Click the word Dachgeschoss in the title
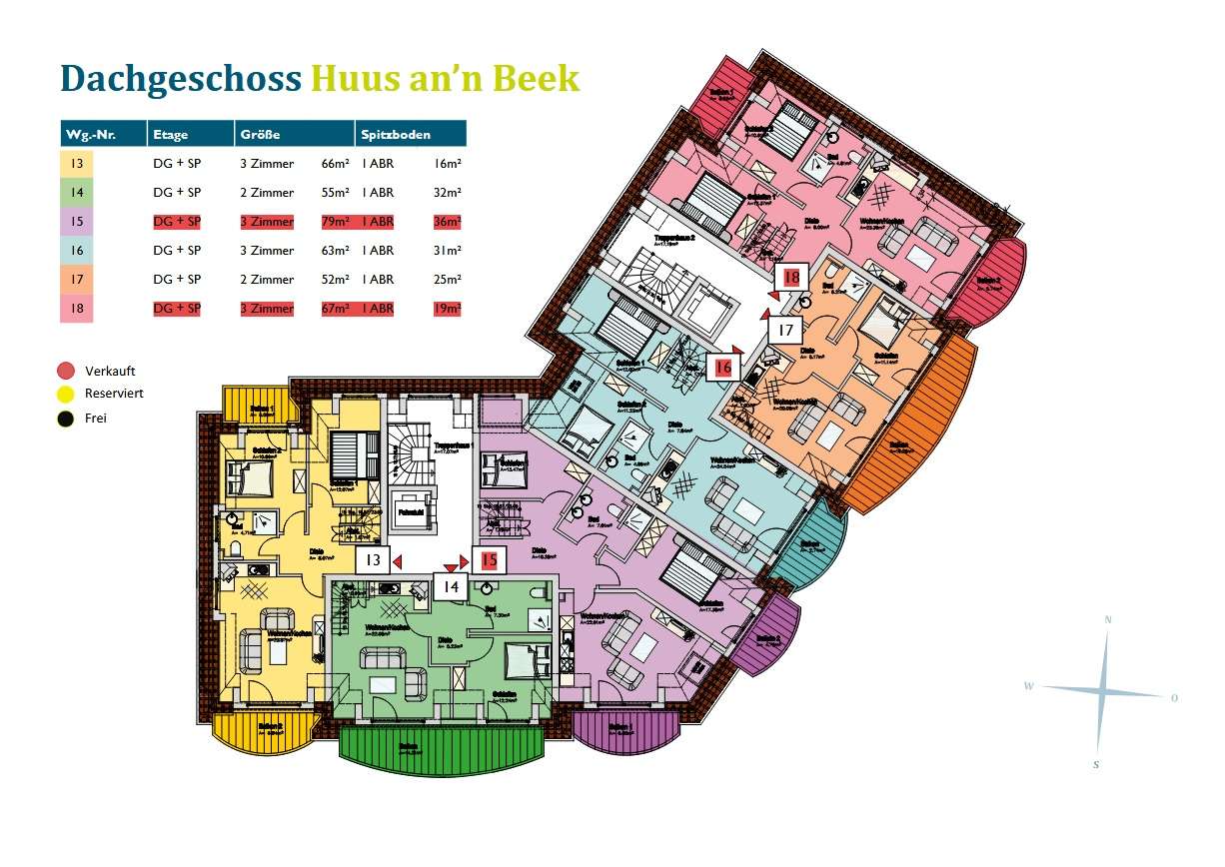point(180,78)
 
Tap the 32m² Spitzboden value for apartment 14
point(448,193)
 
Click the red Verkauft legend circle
point(67,371)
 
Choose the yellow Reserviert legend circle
point(67,394)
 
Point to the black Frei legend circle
point(67,419)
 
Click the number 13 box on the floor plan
point(373,560)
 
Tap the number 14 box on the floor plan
point(451,586)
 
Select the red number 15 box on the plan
point(489,560)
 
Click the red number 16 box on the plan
point(723,368)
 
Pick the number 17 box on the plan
point(785,330)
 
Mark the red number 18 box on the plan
point(791,277)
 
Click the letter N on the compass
point(1107,620)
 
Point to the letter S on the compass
point(1096,764)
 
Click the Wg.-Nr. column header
point(86,134)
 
